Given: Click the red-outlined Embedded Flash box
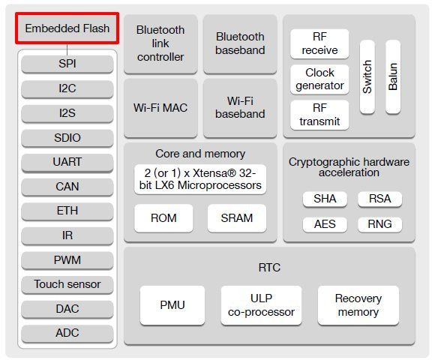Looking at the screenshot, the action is click(67, 28).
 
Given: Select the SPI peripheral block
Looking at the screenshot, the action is click(67, 64).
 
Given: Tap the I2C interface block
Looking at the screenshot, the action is click(67, 88).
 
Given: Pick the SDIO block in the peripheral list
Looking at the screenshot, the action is click(67, 138).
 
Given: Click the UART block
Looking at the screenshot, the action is click(67, 162).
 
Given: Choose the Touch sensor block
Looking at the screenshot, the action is click(67, 285).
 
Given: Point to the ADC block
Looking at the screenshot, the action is click(67, 334).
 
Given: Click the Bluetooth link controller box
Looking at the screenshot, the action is click(160, 43).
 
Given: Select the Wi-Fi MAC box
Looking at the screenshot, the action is click(160, 108).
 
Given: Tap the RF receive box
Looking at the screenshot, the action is click(319, 43).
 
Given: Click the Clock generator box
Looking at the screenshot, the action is click(319, 79).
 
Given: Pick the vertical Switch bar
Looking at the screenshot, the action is click(367, 76).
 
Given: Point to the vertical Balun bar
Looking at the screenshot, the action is click(393, 76).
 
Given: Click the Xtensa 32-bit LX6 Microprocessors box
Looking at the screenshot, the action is click(200, 179).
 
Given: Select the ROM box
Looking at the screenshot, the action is click(163, 218).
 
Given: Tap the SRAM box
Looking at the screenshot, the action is click(237, 218).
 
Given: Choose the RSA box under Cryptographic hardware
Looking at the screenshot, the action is click(379, 199).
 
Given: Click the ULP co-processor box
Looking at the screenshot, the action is click(261, 305).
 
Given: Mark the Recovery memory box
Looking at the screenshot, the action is click(358, 305).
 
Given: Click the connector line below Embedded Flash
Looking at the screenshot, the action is click(67, 50).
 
